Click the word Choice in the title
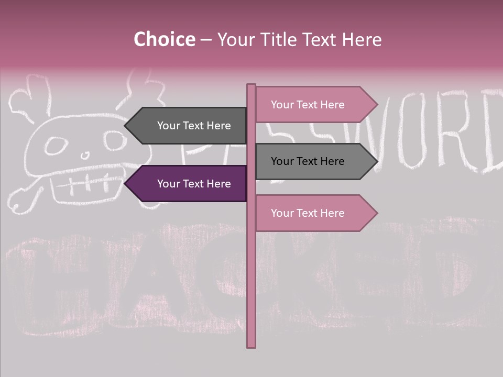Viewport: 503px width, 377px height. pyautogui.click(x=164, y=40)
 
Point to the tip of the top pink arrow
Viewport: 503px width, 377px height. pyautogui.click(x=376, y=105)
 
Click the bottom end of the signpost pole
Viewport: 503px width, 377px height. pyautogui.click(x=251, y=346)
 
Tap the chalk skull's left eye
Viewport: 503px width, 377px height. pyautogui.click(x=54, y=147)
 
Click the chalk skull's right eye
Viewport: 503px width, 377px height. pyautogui.click(x=113, y=140)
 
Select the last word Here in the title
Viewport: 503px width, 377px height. pyautogui.click(x=361, y=40)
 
